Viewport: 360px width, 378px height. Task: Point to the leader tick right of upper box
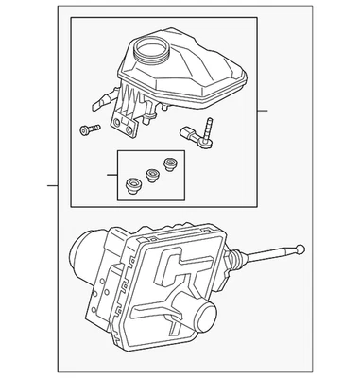click(265, 112)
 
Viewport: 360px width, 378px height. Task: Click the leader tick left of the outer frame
click(54, 186)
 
